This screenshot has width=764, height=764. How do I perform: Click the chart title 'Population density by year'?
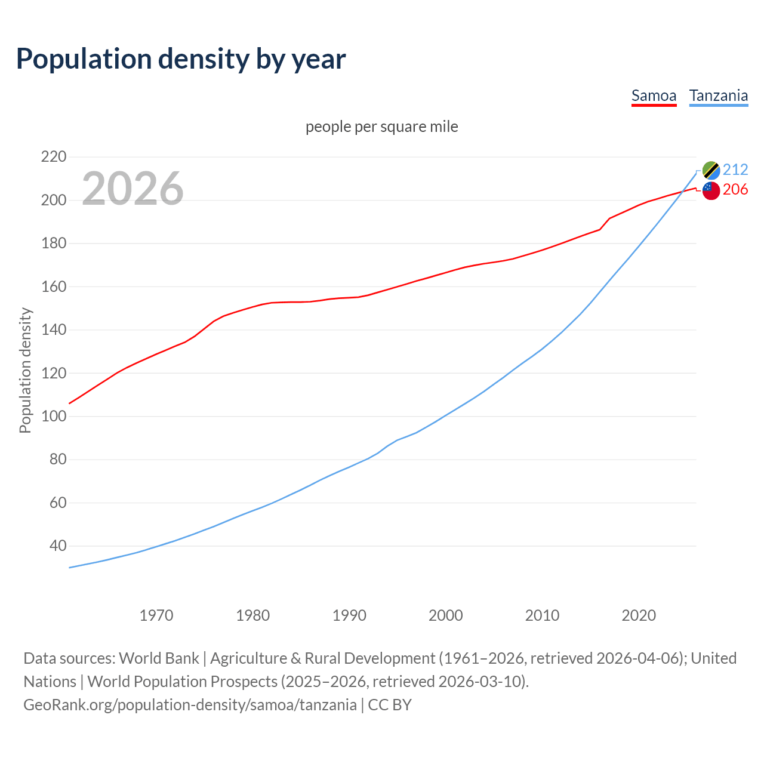point(181,59)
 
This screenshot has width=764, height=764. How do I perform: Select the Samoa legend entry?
point(654,95)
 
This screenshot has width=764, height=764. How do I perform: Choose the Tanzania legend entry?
point(718,95)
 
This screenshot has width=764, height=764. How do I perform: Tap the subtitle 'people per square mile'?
point(381,127)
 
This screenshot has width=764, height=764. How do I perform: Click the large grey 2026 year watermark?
point(133,189)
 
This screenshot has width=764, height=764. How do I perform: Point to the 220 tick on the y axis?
point(53,157)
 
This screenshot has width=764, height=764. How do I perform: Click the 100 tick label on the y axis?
point(53,416)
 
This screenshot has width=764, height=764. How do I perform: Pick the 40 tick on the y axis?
point(57,546)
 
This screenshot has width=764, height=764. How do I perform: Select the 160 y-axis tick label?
point(53,286)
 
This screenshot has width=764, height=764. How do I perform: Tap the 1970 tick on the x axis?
point(156,615)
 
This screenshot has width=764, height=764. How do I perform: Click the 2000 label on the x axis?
point(446,615)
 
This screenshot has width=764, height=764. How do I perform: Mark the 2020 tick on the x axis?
point(639,615)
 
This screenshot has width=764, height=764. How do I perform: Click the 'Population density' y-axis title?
point(25,370)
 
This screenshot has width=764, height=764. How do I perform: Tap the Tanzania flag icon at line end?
point(711,170)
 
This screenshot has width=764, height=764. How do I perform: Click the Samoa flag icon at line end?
point(711,190)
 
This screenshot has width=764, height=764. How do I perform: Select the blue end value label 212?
point(735,170)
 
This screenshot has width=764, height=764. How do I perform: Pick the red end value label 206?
point(735,189)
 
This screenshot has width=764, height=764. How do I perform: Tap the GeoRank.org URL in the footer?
point(190,704)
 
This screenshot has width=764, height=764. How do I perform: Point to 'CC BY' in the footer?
point(390,704)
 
